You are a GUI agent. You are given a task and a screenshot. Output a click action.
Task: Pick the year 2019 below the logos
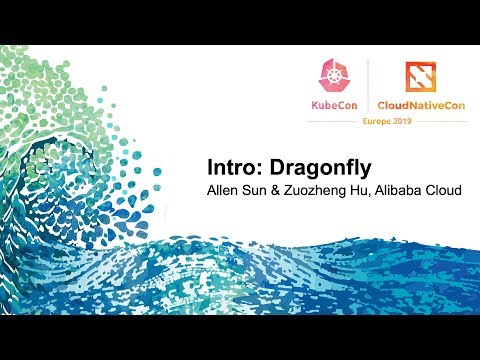point(397,123)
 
